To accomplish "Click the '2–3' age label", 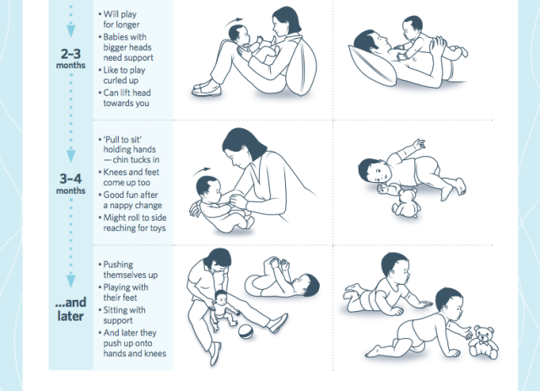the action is [x=71, y=54].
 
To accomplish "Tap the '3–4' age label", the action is [x=71, y=179].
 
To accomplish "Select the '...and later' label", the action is [x=71, y=309].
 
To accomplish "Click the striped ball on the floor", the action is [x=246, y=331].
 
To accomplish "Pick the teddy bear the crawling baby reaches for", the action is [x=483, y=342].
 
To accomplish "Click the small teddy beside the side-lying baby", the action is [x=407, y=204].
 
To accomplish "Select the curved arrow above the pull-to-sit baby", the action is [x=202, y=171].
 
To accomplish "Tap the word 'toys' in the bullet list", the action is [x=158, y=228].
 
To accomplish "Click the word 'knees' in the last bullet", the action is [x=155, y=353].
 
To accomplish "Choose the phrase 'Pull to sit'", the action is [x=122, y=140].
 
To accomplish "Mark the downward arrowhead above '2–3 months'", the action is [x=71, y=30].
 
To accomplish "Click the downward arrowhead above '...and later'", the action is [x=71, y=280].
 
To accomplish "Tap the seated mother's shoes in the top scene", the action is [x=207, y=88].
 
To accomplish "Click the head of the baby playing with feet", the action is [x=309, y=285].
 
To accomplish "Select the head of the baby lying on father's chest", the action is [x=413, y=28].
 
